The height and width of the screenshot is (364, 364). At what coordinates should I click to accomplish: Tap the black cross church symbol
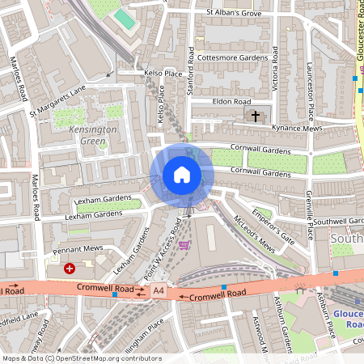click(256, 116)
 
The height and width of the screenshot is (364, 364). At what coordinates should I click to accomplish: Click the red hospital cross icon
click(70, 267)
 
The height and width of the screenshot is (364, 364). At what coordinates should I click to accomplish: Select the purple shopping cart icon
click(184, 244)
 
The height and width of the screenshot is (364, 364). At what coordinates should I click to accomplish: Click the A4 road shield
click(159, 290)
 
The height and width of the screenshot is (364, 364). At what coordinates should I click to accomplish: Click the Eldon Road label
click(231, 102)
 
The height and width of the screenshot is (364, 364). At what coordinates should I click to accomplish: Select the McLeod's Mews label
click(254, 235)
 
